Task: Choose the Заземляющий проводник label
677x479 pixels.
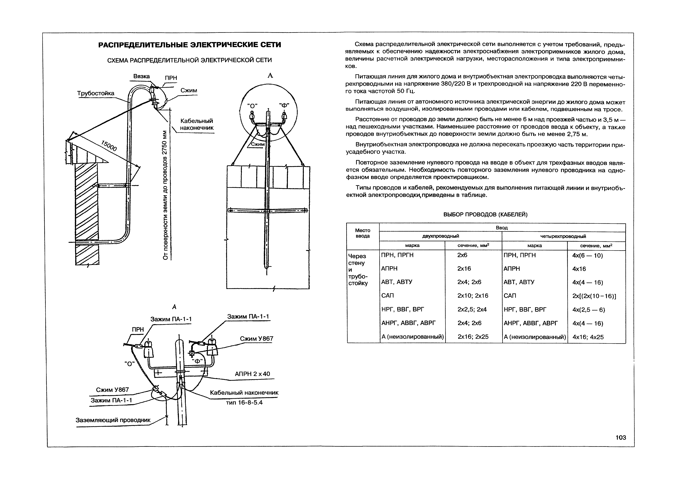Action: point(113,420)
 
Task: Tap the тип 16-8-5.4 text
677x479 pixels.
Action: point(244,402)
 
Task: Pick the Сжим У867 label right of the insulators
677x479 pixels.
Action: point(256,339)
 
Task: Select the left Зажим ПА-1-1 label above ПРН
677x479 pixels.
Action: point(171,319)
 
